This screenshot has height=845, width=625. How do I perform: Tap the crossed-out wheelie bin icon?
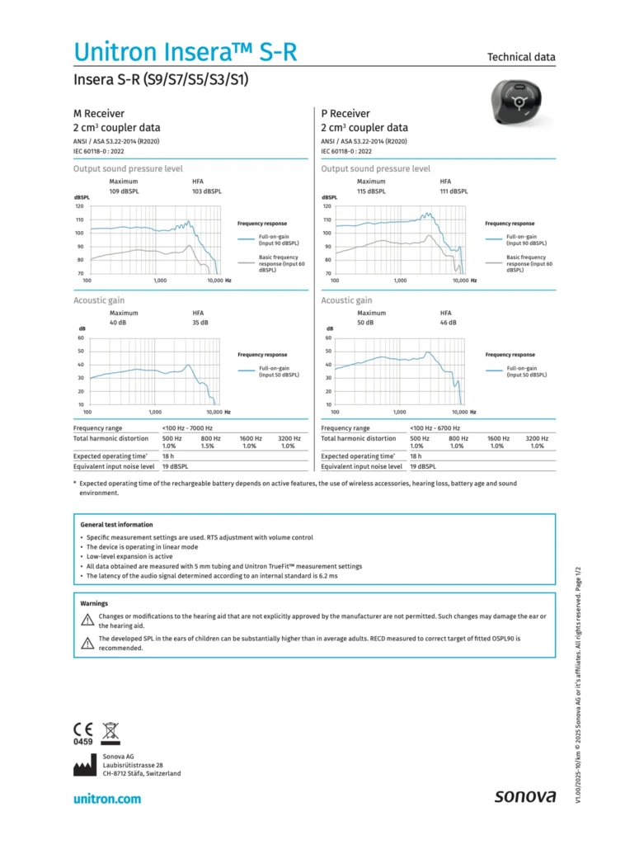point(110,729)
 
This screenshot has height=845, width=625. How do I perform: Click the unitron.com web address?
point(107,798)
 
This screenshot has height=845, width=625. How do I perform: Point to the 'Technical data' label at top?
point(521,57)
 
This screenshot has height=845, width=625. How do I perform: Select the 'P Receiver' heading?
point(345,113)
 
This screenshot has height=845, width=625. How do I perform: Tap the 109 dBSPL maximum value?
point(124,191)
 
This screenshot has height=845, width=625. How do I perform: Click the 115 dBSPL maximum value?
point(371,191)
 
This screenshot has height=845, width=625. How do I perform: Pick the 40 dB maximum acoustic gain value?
point(119,323)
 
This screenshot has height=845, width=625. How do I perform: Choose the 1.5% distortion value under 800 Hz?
point(208,446)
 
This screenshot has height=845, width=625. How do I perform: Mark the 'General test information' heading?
point(116,524)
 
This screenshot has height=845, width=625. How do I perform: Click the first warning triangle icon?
point(87,619)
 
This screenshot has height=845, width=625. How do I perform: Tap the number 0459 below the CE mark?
point(83,742)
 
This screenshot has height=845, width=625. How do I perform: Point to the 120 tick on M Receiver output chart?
point(80,206)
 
